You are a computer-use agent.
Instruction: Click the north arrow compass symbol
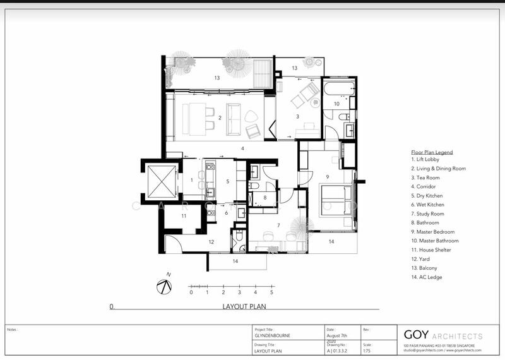(164, 285)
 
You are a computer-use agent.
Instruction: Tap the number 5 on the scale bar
(271, 293)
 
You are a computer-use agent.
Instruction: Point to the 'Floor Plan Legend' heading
(432, 152)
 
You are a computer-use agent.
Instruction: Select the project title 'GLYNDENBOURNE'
(272, 336)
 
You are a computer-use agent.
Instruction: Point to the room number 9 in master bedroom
(328, 176)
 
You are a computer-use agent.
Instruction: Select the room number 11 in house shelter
(184, 216)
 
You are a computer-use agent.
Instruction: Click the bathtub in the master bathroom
(340, 88)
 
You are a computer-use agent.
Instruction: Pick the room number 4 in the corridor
(242, 148)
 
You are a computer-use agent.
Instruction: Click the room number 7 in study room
(278, 225)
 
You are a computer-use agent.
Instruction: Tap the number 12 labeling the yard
(212, 241)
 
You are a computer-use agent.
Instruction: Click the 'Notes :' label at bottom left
(13, 330)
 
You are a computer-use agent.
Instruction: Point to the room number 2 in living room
(220, 117)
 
